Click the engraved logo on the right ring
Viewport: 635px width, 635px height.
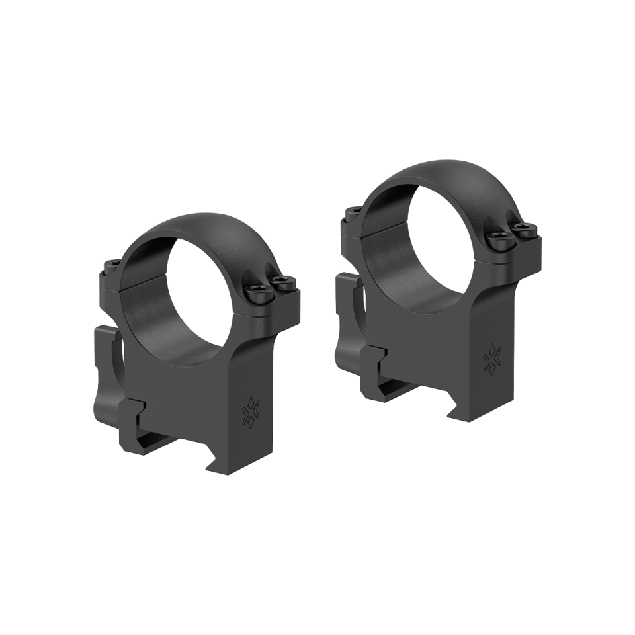[492, 360]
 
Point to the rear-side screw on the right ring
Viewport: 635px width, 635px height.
[351, 213]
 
